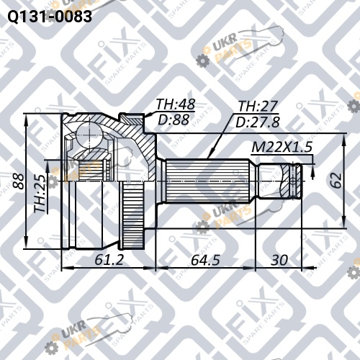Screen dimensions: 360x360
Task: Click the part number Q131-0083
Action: coord(50,17)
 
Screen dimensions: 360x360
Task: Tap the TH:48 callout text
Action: coord(176,104)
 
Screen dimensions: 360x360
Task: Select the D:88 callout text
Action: coord(174,120)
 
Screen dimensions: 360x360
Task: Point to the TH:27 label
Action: coord(258,106)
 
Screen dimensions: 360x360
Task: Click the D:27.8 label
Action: coord(258,122)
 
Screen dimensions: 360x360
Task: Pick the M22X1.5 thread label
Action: coord(282,147)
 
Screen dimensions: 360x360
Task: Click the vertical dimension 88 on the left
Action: coord(19,181)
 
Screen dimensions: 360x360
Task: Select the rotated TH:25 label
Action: coord(40,194)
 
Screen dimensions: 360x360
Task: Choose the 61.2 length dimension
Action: coord(109,260)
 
